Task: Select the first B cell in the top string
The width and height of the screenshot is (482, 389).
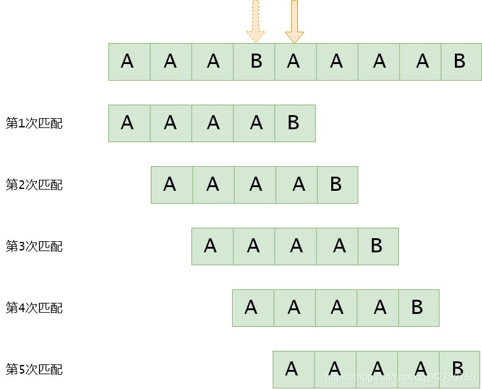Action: pyautogui.click(x=254, y=62)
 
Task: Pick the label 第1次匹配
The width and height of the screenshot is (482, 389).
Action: pyautogui.click(x=34, y=123)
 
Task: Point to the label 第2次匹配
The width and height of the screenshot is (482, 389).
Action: pyautogui.click(x=34, y=185)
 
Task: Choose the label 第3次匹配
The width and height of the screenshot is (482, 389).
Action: pyautogui.click(x=34, y=246)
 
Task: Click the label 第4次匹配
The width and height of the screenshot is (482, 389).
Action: pyautogui.click(x=34, y=308)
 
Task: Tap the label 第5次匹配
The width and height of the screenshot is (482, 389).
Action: pyautogui.click(x=34, y=369)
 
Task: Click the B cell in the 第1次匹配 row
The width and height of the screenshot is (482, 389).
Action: pyautogui.click(x=295, y=123)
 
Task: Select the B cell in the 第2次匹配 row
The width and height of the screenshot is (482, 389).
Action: pyautogui.click(x=337, y=185)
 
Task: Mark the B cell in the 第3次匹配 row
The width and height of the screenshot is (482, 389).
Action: pyautogui.click(x=378, y=246)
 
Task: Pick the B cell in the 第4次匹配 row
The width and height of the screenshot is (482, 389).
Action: pyautogui.click(x=419, y=308)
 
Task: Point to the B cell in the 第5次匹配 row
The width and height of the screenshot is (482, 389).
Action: pyautogui.click(x=459, y=369)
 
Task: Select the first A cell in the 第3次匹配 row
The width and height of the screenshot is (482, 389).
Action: pyautogui.click(x=212, y=246)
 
